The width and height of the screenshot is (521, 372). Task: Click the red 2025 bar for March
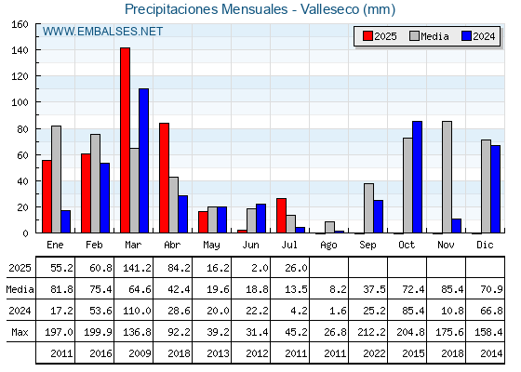pyautogui.click(x=126, y=140)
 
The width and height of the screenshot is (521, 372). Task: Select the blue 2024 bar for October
pyautogui.click(x=418, y=177)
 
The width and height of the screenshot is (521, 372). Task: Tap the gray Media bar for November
pyautogui.click(x=447, y=177)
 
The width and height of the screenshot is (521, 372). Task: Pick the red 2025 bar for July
pyautogui.click(x=281, y=216)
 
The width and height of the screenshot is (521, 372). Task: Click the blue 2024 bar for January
pyautogui.click(x=66, y=221)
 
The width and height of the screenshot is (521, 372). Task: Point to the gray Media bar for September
pyautogui.click(x=368, y=208)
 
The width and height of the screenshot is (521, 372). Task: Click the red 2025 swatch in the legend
pyautogui.click(x=367, y=36)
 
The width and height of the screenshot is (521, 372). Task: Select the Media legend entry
pyautogui.click(x=429, y=36)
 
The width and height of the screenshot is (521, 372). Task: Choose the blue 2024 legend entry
pyautogui.click(x=478, y=36)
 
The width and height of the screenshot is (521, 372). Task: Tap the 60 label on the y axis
pyautogui.click(x=22, y=155)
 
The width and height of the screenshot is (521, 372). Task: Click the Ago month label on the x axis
pyautogui.click(x=328, y=246)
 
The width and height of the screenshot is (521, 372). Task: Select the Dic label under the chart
pyautogui.click(x=485, y=245)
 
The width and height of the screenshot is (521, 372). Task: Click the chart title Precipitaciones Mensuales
pyautogui.click(x=206, y=9)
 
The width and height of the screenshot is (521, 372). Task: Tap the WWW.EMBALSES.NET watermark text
pyautogui.click(x=102, y=32)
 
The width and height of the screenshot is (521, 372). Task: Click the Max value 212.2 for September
pyautogui.click(x=371, y=332)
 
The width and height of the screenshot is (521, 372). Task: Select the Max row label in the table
pyautogui.click(x=20, y=332)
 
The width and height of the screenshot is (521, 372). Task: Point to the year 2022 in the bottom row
pyautogui.click(x=374, y=353)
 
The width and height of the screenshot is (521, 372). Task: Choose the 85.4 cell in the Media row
pyautogui.click(x=452, y=289)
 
